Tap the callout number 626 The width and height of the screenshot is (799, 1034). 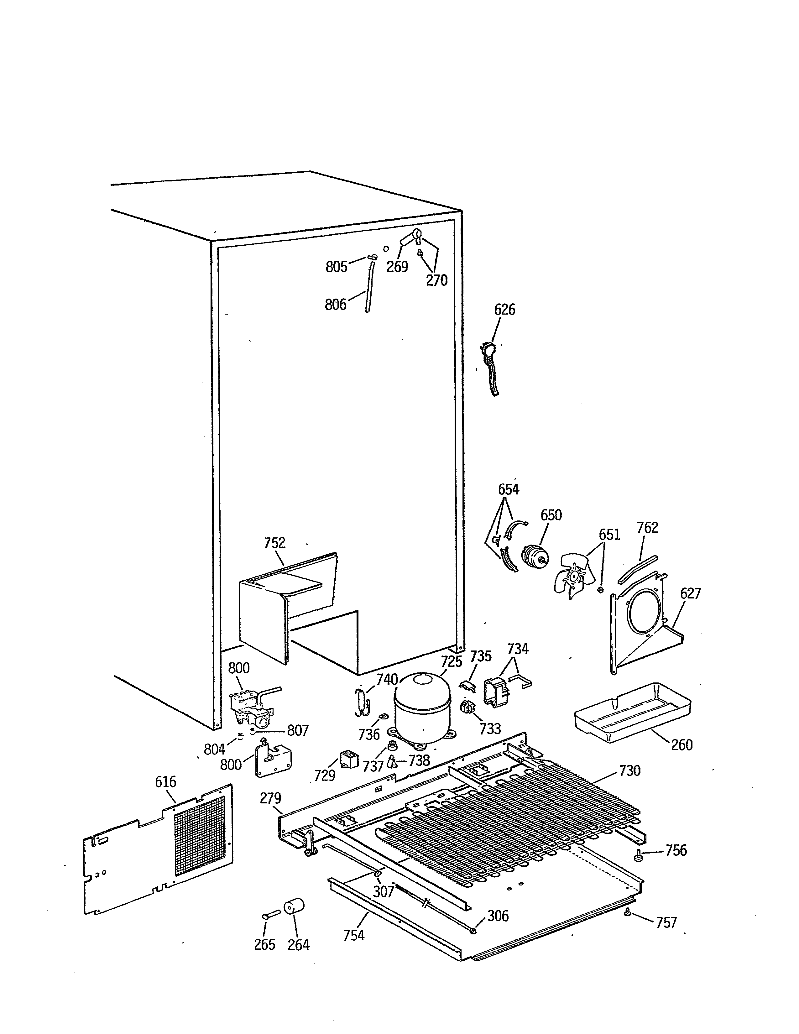[x=504, y=310]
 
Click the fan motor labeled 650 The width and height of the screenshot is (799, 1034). [x=534, y=555]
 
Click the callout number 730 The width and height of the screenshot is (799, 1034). [x=629, y=771]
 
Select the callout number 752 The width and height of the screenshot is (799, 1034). [x=274, y=543]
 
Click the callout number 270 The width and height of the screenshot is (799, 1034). [x=436, y=280]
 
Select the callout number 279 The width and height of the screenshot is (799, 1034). [x=270, y=798]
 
